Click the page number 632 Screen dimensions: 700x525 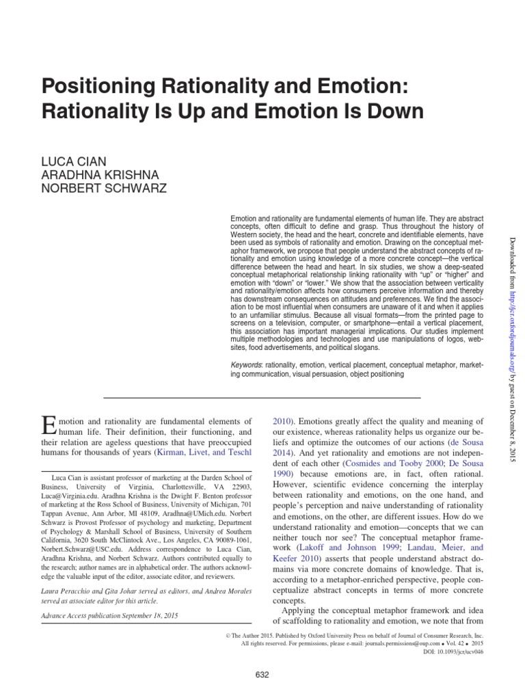[x=262, y=675]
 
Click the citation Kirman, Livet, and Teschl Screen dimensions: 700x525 [x=194, y=453]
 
